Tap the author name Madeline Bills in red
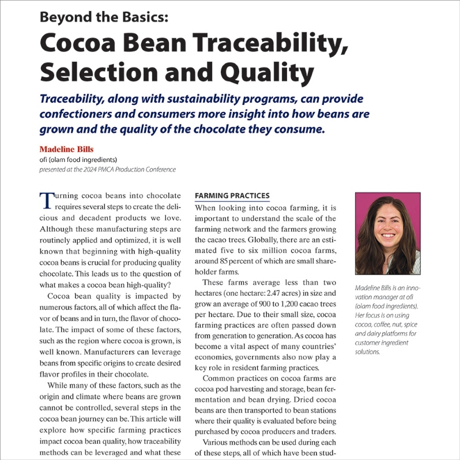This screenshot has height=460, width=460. coord(67,149)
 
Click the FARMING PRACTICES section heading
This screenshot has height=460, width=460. coord(232,196)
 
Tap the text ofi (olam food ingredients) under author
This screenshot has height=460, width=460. coord(78,160)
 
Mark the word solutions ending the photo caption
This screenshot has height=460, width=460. coord(368,352)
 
